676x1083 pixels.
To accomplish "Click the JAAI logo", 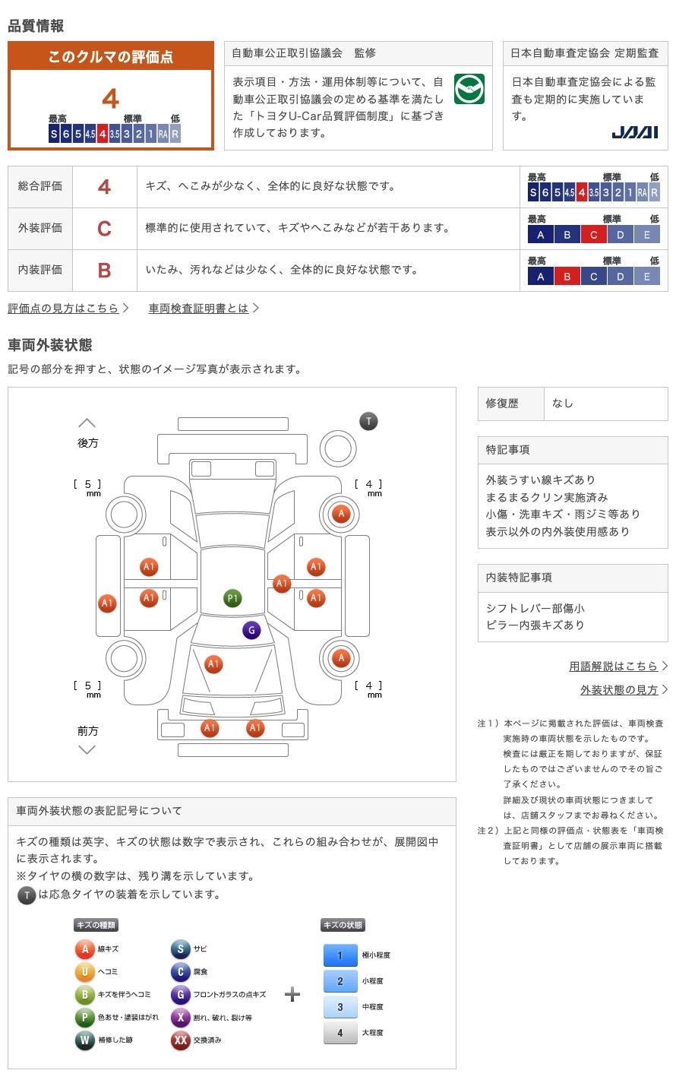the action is (634, 132).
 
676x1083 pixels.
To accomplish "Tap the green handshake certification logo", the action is (469, 89).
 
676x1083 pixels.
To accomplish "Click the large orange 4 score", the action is (111, 99).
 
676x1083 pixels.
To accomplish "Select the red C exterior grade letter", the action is (104, 228).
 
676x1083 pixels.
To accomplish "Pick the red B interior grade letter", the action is (104, 271).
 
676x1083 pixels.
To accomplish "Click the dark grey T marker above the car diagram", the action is (368, 421).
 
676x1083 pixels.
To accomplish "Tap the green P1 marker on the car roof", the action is (232, 598).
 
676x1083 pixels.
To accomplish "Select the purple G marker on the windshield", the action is (251, 630).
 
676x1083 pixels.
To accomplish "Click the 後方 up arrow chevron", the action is (87, 423).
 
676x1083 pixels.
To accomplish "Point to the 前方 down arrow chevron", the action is (87, 750).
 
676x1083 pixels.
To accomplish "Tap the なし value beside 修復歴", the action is (563, 404).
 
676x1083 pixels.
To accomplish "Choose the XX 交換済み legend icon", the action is (180, 1040).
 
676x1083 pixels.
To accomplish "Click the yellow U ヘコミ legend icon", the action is (84, 971).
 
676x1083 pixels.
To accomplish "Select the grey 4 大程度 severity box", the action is (340, 1032).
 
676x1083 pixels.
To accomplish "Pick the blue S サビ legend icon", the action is (180, 948).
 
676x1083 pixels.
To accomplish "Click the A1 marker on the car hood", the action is (213, 664).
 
